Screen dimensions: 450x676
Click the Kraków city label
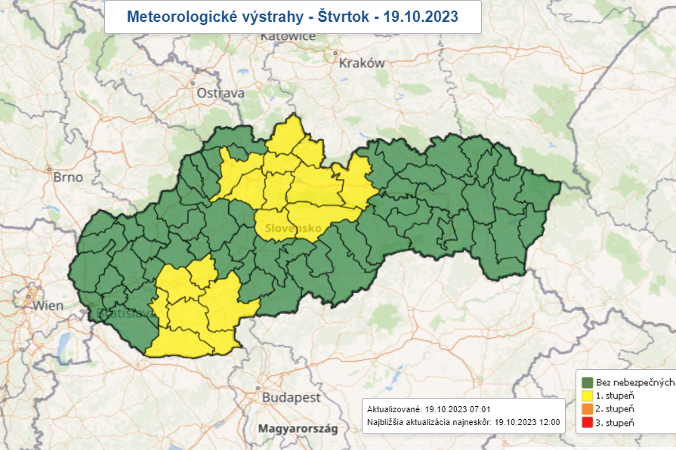(x=363, y=63)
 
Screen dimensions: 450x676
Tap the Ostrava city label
(x=221, y=93)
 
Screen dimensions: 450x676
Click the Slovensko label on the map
(x=289, y=228)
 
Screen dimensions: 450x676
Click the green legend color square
(x=588, y=381)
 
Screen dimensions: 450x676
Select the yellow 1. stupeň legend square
(x=588, y=395)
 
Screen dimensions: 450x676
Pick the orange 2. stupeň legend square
(x=588, y=408)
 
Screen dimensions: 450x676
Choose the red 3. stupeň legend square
(x=588, y=422)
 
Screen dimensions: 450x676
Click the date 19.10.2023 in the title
(x=420, y=16)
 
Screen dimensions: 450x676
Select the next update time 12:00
(x=549, y=421)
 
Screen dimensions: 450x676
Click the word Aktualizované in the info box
(x=393, y=408)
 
